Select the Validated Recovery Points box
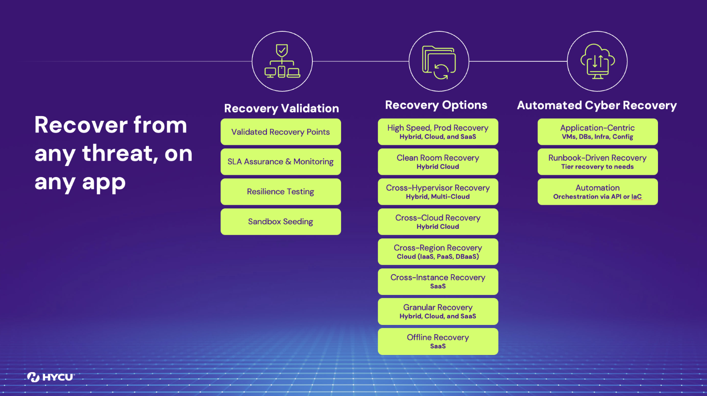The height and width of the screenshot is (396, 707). click(x=281, y=132)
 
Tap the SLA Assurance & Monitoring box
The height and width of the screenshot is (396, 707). click(x=281, y=162)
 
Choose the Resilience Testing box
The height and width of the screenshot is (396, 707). click(x=281, y=192)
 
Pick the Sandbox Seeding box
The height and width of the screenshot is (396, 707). click(x=281, y=222)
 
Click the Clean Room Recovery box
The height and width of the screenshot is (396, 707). click(x=438, y=162)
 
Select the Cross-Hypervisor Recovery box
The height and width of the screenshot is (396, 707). click(x=438, y=192)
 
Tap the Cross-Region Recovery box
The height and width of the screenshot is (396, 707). click(x=438, y=252)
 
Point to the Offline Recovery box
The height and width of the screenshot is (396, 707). click(x=438, y=341)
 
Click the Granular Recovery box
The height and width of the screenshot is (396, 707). click(x=438, y=311)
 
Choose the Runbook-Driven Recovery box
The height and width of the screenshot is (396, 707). click(x=597, y=162)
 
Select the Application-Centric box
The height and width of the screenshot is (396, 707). click(x=597, y=132)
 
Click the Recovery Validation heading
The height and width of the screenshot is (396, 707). click(x=281, y=108)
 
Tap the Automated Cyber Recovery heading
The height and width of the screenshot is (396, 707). click(x=597, y=105)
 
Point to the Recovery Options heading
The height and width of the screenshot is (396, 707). click(x=436, y=105)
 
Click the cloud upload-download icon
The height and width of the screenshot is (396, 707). click(x=597, y=61)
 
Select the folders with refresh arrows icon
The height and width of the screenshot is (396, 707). click(x=439, y=62)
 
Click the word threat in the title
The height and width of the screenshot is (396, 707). click(x=118, y=154)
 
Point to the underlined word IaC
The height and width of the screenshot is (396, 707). click(x=636, y=197)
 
